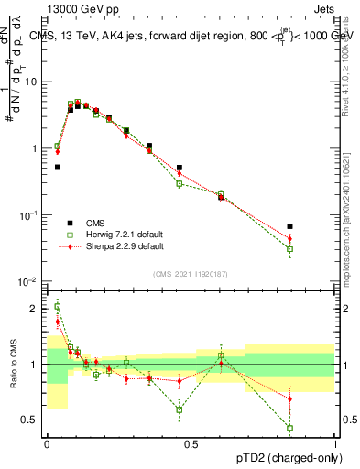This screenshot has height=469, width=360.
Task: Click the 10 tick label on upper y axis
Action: click(x=31, y=82)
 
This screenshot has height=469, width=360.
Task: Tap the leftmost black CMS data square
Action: click(x=58, y=167)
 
